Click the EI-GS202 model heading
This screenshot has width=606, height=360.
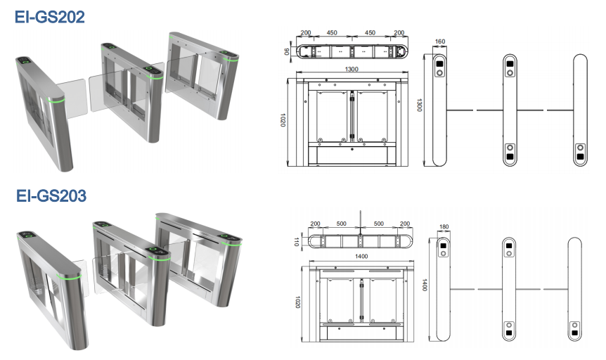49,17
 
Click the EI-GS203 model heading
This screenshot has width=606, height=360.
51,195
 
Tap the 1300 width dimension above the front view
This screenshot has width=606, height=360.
352,69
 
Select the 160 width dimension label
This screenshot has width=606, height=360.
440,41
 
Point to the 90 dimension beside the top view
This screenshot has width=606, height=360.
287,51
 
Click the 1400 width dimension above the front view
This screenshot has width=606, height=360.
361,257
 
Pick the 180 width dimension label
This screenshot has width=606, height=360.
444,226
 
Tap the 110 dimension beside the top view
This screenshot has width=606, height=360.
297,241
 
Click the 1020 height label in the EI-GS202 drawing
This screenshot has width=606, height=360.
283,120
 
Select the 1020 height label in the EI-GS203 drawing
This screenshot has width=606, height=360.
297,302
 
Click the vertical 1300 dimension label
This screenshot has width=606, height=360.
419,105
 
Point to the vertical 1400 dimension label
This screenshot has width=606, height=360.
425,285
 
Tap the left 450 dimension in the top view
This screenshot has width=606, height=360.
332,33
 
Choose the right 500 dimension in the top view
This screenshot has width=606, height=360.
379,224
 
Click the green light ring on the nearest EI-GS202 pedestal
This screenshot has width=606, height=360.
56,101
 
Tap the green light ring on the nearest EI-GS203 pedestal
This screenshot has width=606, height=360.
69,278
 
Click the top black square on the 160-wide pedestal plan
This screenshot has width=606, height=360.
440,64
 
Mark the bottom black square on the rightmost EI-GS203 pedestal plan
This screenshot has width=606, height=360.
574,333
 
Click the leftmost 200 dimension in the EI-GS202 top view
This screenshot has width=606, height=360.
306,33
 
